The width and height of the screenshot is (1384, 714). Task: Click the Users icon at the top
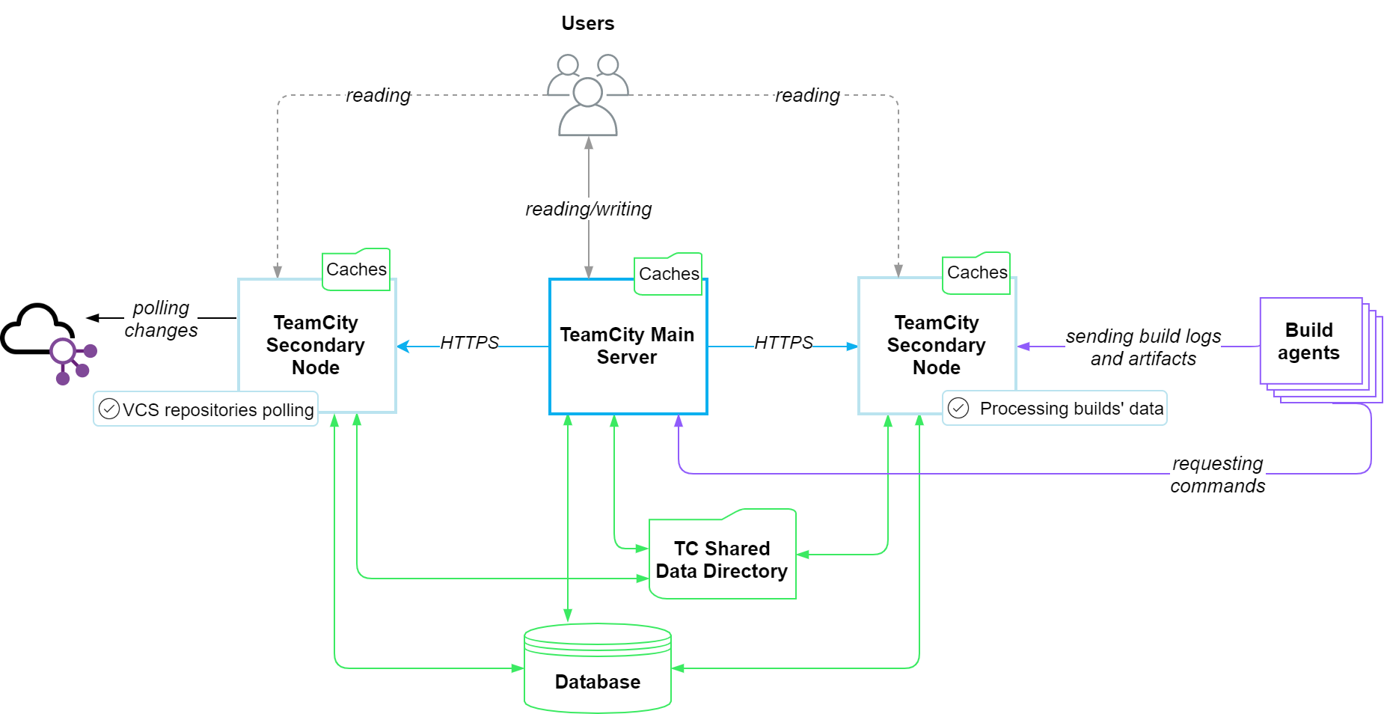588,95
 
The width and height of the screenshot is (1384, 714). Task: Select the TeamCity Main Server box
628,347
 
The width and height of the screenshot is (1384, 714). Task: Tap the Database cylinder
598,668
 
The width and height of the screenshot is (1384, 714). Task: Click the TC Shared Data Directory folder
723,555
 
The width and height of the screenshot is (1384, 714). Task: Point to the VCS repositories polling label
206,409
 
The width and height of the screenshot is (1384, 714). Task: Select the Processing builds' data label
1055,408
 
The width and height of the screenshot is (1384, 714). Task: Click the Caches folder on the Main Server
668,274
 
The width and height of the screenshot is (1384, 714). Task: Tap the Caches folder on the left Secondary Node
356,269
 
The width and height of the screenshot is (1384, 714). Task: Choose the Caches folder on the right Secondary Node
976,272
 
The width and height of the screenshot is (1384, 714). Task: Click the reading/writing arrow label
589,209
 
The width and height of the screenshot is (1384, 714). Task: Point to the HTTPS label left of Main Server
469,342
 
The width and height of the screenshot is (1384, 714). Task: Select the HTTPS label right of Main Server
783,342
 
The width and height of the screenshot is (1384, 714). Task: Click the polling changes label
161,319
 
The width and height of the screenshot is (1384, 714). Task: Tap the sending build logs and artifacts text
1143,347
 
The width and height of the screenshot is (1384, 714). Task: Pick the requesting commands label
1217,475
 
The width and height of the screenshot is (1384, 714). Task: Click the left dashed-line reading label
378,95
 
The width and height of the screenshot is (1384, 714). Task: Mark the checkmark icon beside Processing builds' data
958,408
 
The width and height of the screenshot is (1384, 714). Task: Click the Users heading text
588,23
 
